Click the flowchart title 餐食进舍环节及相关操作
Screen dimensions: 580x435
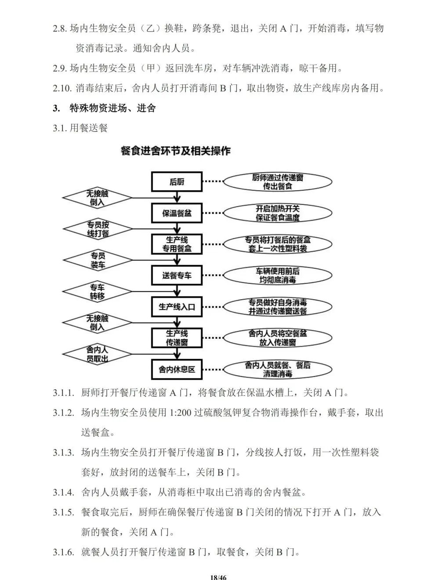[175, 151]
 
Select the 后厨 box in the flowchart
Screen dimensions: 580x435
[177, 182]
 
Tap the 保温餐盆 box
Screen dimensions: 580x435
[177, 214]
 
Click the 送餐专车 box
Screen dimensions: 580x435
[177, 275]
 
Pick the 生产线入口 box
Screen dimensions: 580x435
[177, 307]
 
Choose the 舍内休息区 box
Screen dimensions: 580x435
[177, 370]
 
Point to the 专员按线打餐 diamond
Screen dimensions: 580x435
[98, 229]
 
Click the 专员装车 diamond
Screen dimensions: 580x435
[98, 260]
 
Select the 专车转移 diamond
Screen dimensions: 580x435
[98, 292]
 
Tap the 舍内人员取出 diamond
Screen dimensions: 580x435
[98, 354]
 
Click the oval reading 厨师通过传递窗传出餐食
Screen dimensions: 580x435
[277, 182]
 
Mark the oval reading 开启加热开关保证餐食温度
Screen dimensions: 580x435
[277, 213]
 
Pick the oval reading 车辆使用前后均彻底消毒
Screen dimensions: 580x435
[277, 275]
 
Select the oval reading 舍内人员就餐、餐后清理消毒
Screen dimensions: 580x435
[277, 370]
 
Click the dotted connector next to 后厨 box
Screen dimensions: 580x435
[213, 182]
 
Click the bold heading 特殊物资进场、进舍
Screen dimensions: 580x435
[112, 108]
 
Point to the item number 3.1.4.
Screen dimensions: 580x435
[63, 492]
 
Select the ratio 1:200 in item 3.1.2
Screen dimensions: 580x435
[180, 413]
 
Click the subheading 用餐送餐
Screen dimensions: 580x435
[89, 128]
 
